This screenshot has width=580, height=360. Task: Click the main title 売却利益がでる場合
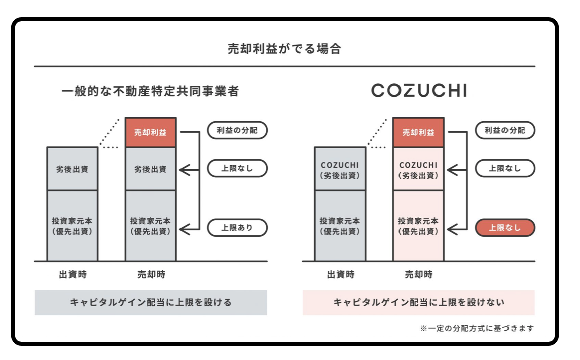click(x=284, y=49)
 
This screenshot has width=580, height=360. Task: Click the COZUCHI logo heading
click(x=419, y=90)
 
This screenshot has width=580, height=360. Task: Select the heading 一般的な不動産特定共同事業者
click(x=150, y=92)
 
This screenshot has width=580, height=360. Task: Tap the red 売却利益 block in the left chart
click(x=151, y=132)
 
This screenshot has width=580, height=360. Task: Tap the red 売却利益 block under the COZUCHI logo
click(x=418, y=132)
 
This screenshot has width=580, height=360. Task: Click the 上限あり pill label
click(x=237, y=228)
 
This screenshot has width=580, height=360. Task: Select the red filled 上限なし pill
click(x=504, y=228)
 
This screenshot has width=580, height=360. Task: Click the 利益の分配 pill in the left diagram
click(x=237, y=130)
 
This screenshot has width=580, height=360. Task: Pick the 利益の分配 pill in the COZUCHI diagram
click(x=504, y=130)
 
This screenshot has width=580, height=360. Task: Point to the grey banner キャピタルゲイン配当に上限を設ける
click(x=151, y=302)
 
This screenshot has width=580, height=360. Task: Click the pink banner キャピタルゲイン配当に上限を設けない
click(x=418, y=302)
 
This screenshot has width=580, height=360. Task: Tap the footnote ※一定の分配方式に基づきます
click(x=477, y=328)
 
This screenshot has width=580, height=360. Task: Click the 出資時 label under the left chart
click(x=72, y=275)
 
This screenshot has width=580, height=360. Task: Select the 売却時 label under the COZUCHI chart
click(x=418, y=275)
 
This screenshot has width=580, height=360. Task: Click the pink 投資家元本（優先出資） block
click(x=418, y=226)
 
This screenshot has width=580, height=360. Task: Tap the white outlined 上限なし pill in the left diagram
click(x=237, y=169)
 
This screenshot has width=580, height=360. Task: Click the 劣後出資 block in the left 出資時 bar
click(x=72, y=169)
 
